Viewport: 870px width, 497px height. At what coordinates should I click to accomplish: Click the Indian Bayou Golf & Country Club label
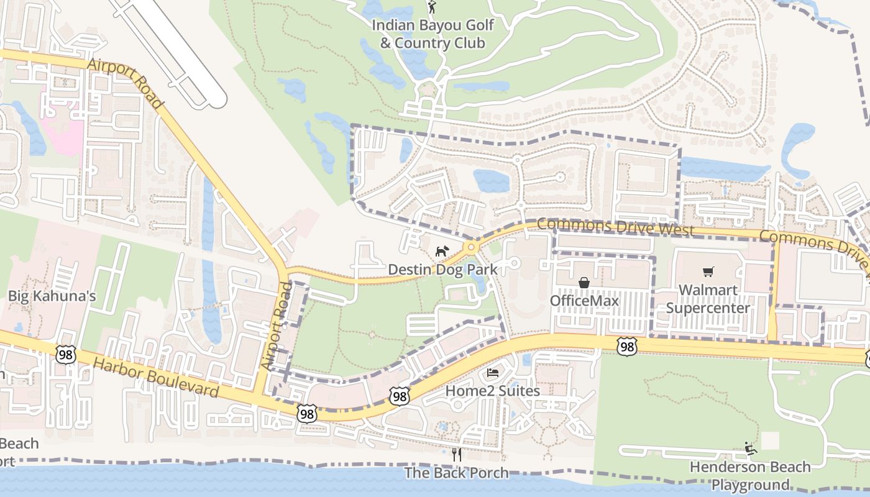coord(433,34)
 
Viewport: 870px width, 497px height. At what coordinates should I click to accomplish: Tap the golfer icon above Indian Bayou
coord(433,7)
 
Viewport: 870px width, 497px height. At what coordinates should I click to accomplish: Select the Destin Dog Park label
coord(443,270)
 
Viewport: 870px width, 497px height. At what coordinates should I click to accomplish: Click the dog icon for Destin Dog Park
coord(442,252)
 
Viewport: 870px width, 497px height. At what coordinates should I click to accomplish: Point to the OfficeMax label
coord(584,301)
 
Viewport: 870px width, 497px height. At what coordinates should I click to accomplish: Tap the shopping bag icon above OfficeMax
coord(584,283)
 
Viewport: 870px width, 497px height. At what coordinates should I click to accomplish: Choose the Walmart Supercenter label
coord(708,299)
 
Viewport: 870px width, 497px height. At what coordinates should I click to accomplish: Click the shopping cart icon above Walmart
coord(708,272)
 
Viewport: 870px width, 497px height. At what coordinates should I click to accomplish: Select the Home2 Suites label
coord(492,391)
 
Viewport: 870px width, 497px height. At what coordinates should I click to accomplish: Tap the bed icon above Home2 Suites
coord(492,373)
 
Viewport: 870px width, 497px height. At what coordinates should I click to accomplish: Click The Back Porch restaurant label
coord(456,473)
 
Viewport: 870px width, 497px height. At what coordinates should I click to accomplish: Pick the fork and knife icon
coord(456,455)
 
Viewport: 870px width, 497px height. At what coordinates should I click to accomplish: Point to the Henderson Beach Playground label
coord(750,475)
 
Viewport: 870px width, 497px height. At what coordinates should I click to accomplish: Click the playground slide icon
coord(750,448)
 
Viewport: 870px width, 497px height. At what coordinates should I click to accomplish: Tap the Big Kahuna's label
coord(52,296)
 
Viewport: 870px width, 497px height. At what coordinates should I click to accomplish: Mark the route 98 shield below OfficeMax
coord(627,347)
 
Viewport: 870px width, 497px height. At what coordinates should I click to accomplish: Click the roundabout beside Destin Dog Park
coord(471,247)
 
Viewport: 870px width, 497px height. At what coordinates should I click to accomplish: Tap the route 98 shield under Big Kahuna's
coord(65,354)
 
